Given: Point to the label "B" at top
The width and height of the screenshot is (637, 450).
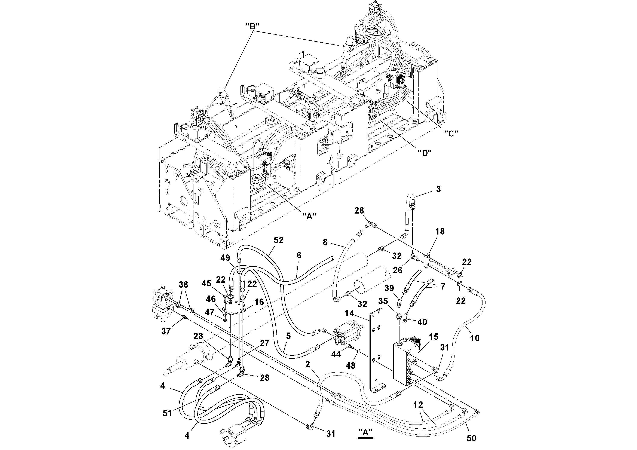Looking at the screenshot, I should coord(252,26).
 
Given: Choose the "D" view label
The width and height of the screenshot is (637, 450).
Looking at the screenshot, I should coord(425,152).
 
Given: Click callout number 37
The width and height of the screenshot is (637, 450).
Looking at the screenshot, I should coord(166,331).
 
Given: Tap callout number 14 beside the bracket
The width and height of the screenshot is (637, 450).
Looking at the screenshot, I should coord(349,313).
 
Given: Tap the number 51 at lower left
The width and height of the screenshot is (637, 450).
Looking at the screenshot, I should coord(167,413).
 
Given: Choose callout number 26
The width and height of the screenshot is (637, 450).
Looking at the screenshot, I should coord(398,270).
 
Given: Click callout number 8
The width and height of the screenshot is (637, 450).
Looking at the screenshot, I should coord(325,242).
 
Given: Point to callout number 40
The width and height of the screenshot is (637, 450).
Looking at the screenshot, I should coord(422,322).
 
